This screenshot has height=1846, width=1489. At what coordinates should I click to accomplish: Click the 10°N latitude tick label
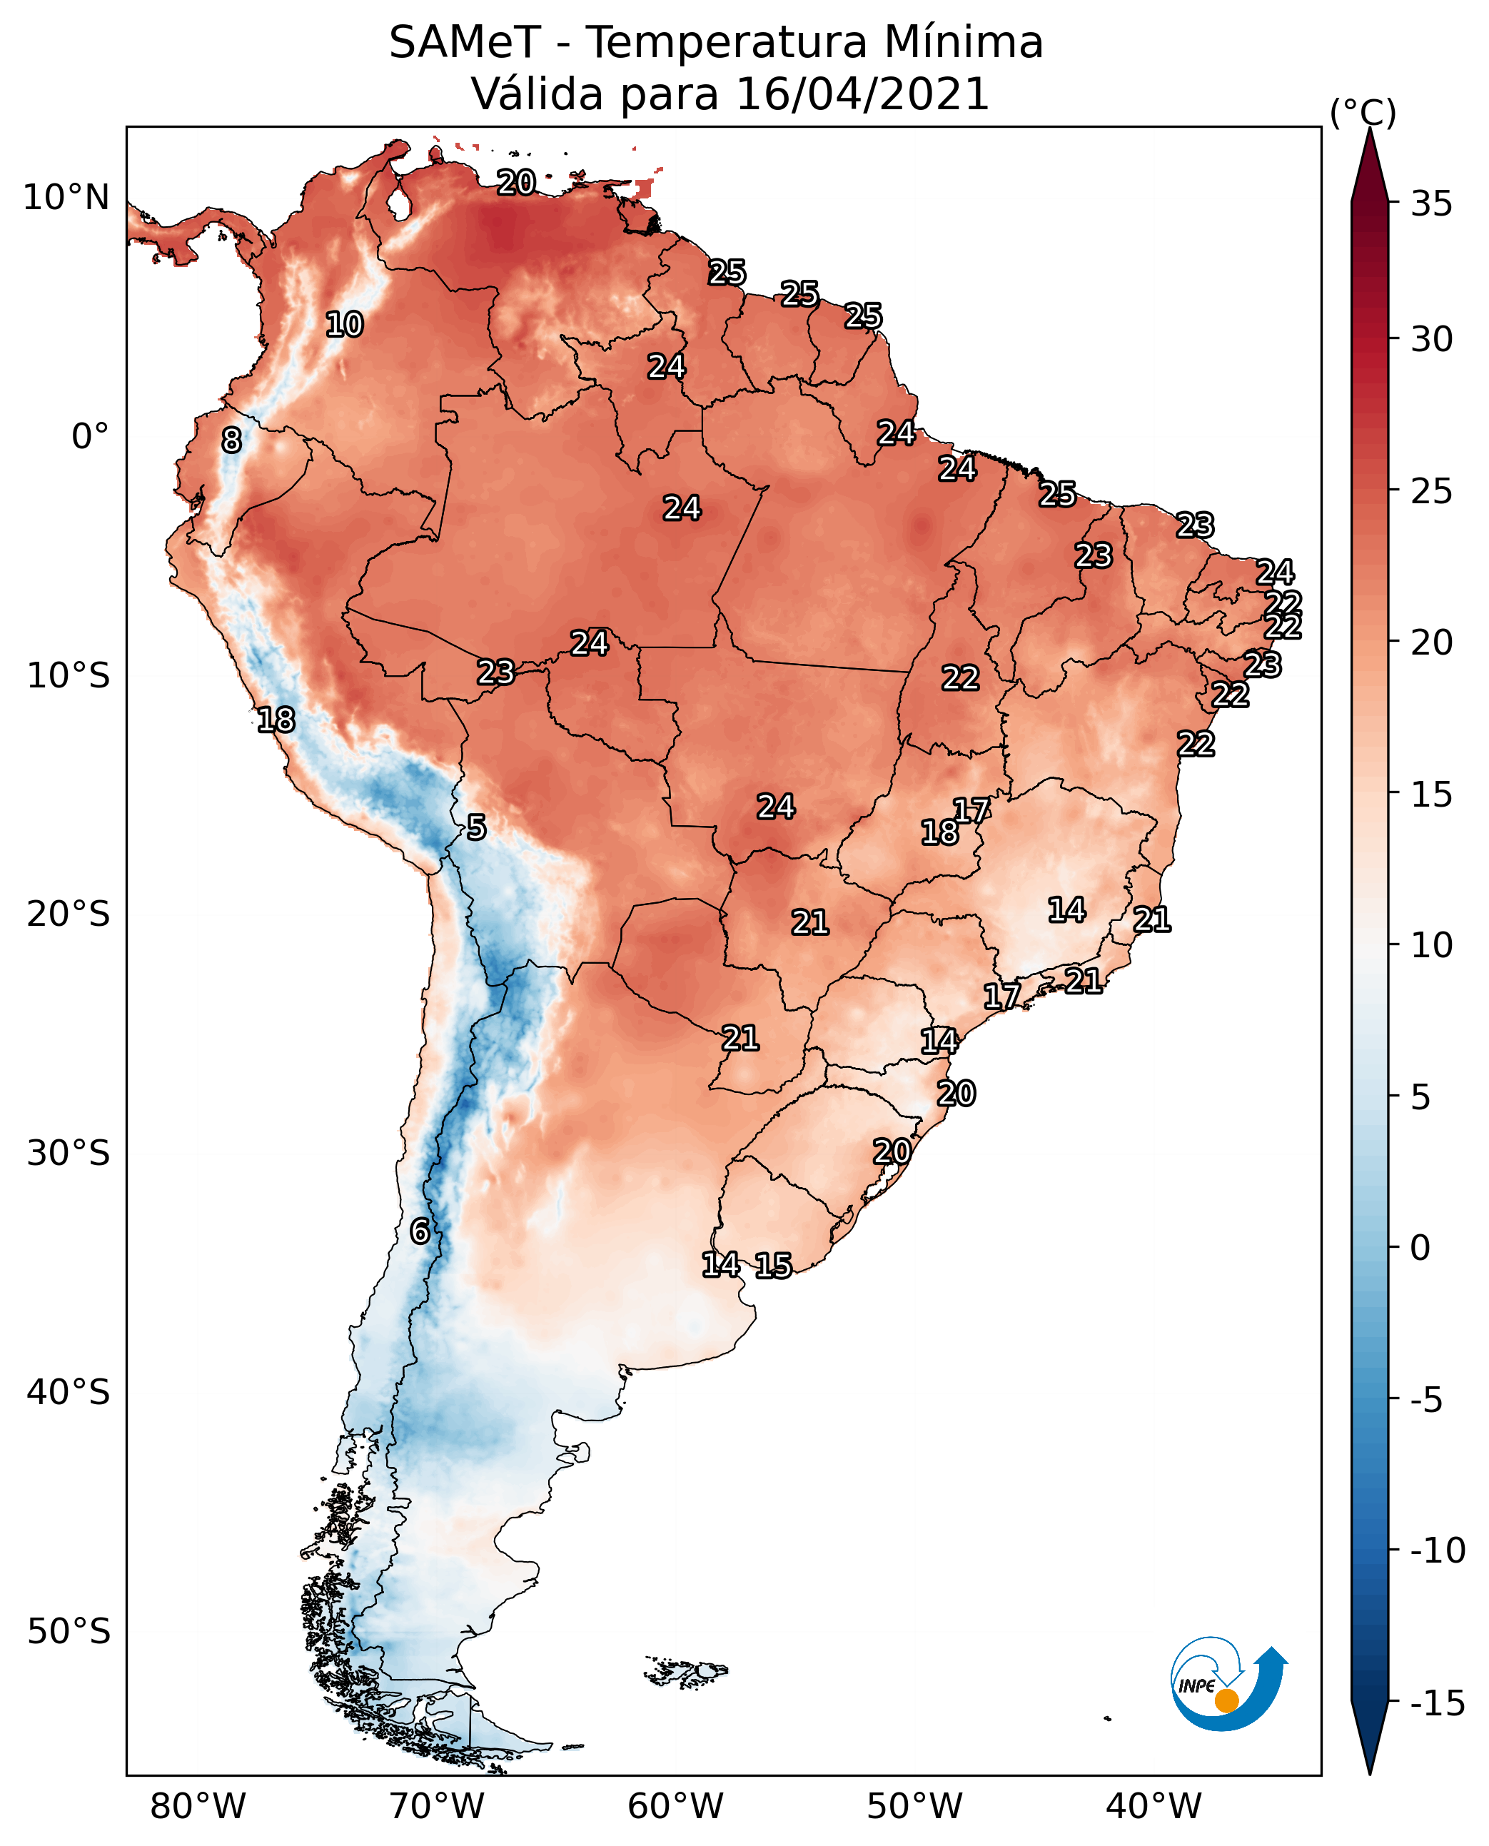(x=66, y=198)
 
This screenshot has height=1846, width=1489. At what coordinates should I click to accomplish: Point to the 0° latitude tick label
(x=90, y=437)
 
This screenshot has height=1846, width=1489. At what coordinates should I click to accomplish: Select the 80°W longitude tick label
(x=198, y=1806)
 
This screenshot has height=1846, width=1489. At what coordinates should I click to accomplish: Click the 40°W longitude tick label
(x=1154, y=1806)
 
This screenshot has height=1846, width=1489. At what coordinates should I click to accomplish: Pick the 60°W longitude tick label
(x=676, y=1806)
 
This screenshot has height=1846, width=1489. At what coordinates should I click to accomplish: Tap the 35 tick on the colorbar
(x=1431, y=204)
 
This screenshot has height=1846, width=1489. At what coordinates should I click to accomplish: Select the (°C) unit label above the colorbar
(x=1363, y=112)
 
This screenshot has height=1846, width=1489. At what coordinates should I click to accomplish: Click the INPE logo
(x=1228, y=1683)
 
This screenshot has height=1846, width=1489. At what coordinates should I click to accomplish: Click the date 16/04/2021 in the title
(x=863, y=94)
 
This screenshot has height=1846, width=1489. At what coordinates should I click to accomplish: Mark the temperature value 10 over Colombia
(x=345, y=324)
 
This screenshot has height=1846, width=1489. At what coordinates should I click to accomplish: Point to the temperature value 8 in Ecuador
(x=231, y=440)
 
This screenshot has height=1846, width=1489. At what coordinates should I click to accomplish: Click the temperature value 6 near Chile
(x=420, y=1231)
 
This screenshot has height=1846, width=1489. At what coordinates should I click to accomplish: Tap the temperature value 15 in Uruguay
(x=774, y=1265)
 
